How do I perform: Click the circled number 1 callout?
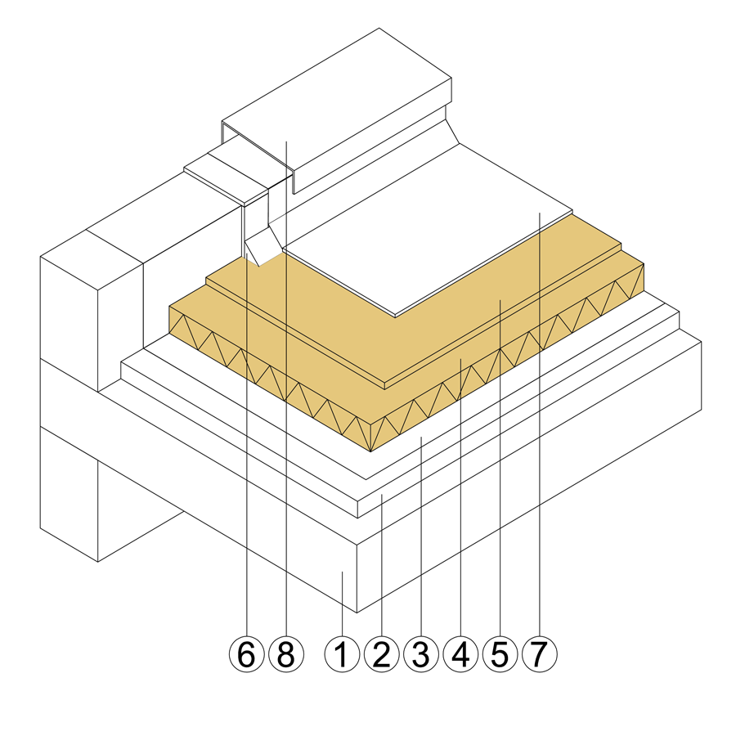(x=342, y=654)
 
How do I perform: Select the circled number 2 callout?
(x=382, y=654)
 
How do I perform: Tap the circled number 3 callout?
(x=421, y=654)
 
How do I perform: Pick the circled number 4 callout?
(x=460, y=654)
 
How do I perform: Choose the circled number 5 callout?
(x=500, y=654)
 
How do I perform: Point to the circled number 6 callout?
(x=247, y=654)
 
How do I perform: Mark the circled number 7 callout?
(x=540, y=654)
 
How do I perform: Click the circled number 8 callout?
(x=286, y=654)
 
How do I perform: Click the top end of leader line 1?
(x=342, y=572)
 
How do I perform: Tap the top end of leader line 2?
(x=382, y=494)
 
